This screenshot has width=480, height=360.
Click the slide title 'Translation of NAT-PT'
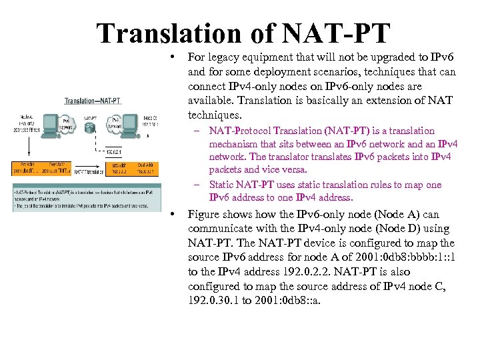pos(243,33)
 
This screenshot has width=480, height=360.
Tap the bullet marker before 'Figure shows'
pos(172,213)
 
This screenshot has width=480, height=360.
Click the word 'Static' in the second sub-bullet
pos(224,185)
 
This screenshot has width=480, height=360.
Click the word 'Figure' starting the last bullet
pos(205,214)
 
